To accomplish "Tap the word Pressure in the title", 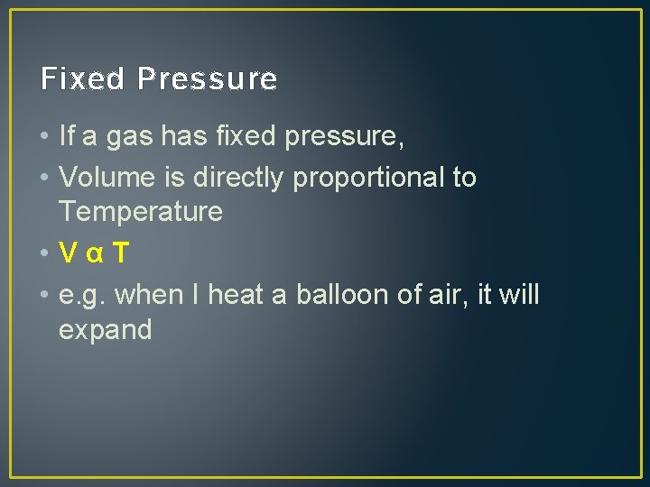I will click(208, 79).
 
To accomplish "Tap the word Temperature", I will click(140, 213).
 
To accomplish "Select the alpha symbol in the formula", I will click(93, 255).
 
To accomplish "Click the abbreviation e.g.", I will click(82, 295).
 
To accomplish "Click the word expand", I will click(105, 330).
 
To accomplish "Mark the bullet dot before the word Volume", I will click(45, 179).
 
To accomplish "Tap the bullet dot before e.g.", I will click(45, 295).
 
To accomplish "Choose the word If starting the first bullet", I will click(66, 137).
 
